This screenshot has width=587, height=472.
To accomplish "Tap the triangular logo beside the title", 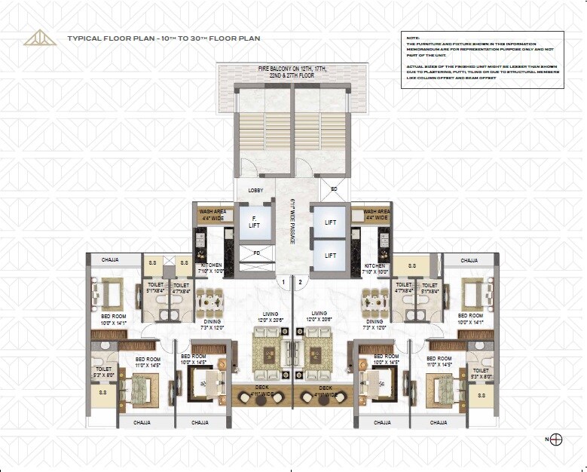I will [40, 37].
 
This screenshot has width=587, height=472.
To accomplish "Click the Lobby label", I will [255, 191].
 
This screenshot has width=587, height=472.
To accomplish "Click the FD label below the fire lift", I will [256, 253].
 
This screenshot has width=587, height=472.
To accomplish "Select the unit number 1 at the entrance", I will [283, 283].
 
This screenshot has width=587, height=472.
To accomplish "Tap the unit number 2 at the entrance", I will [300, 283].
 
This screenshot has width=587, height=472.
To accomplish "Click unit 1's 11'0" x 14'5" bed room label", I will [148, 362].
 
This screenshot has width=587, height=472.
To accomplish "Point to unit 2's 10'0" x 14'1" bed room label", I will [471, 318].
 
